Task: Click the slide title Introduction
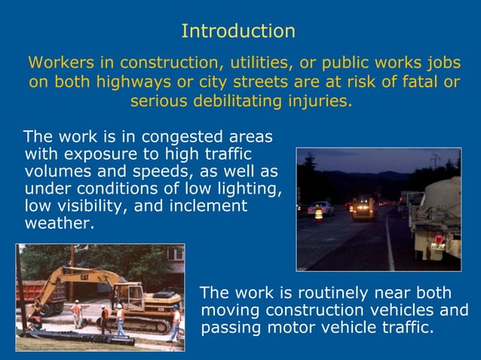(238, 32)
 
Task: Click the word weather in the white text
(59, 223)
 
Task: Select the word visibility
(93, 206)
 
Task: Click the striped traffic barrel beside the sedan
(318, 214)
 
